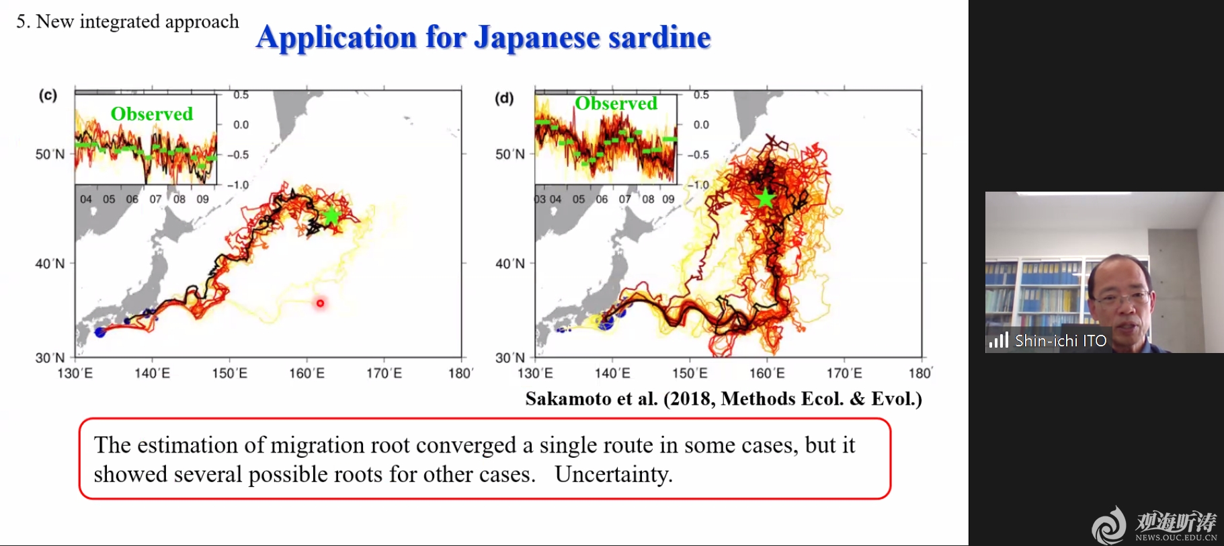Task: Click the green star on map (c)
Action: pos(331,216)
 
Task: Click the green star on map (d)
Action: pos(765,198)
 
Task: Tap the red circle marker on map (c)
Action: pos(320,303)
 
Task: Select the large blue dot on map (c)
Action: pos(100,332)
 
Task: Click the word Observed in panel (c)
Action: pos(152,114)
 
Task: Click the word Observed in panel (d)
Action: pos(616,103)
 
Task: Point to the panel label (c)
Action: pos(48,95)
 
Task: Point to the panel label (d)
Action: pos(504,98)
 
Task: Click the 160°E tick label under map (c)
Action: pos(307,373)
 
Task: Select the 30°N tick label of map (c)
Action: pos(50,358)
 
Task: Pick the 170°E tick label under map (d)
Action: pos(844,373)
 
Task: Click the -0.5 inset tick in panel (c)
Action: pos(238,155)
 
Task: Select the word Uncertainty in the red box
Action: pos(614,474)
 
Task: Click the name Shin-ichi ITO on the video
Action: pos(1061,341)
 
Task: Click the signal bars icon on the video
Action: pos(999,340)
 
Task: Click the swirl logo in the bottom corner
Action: pos(1109,524)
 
